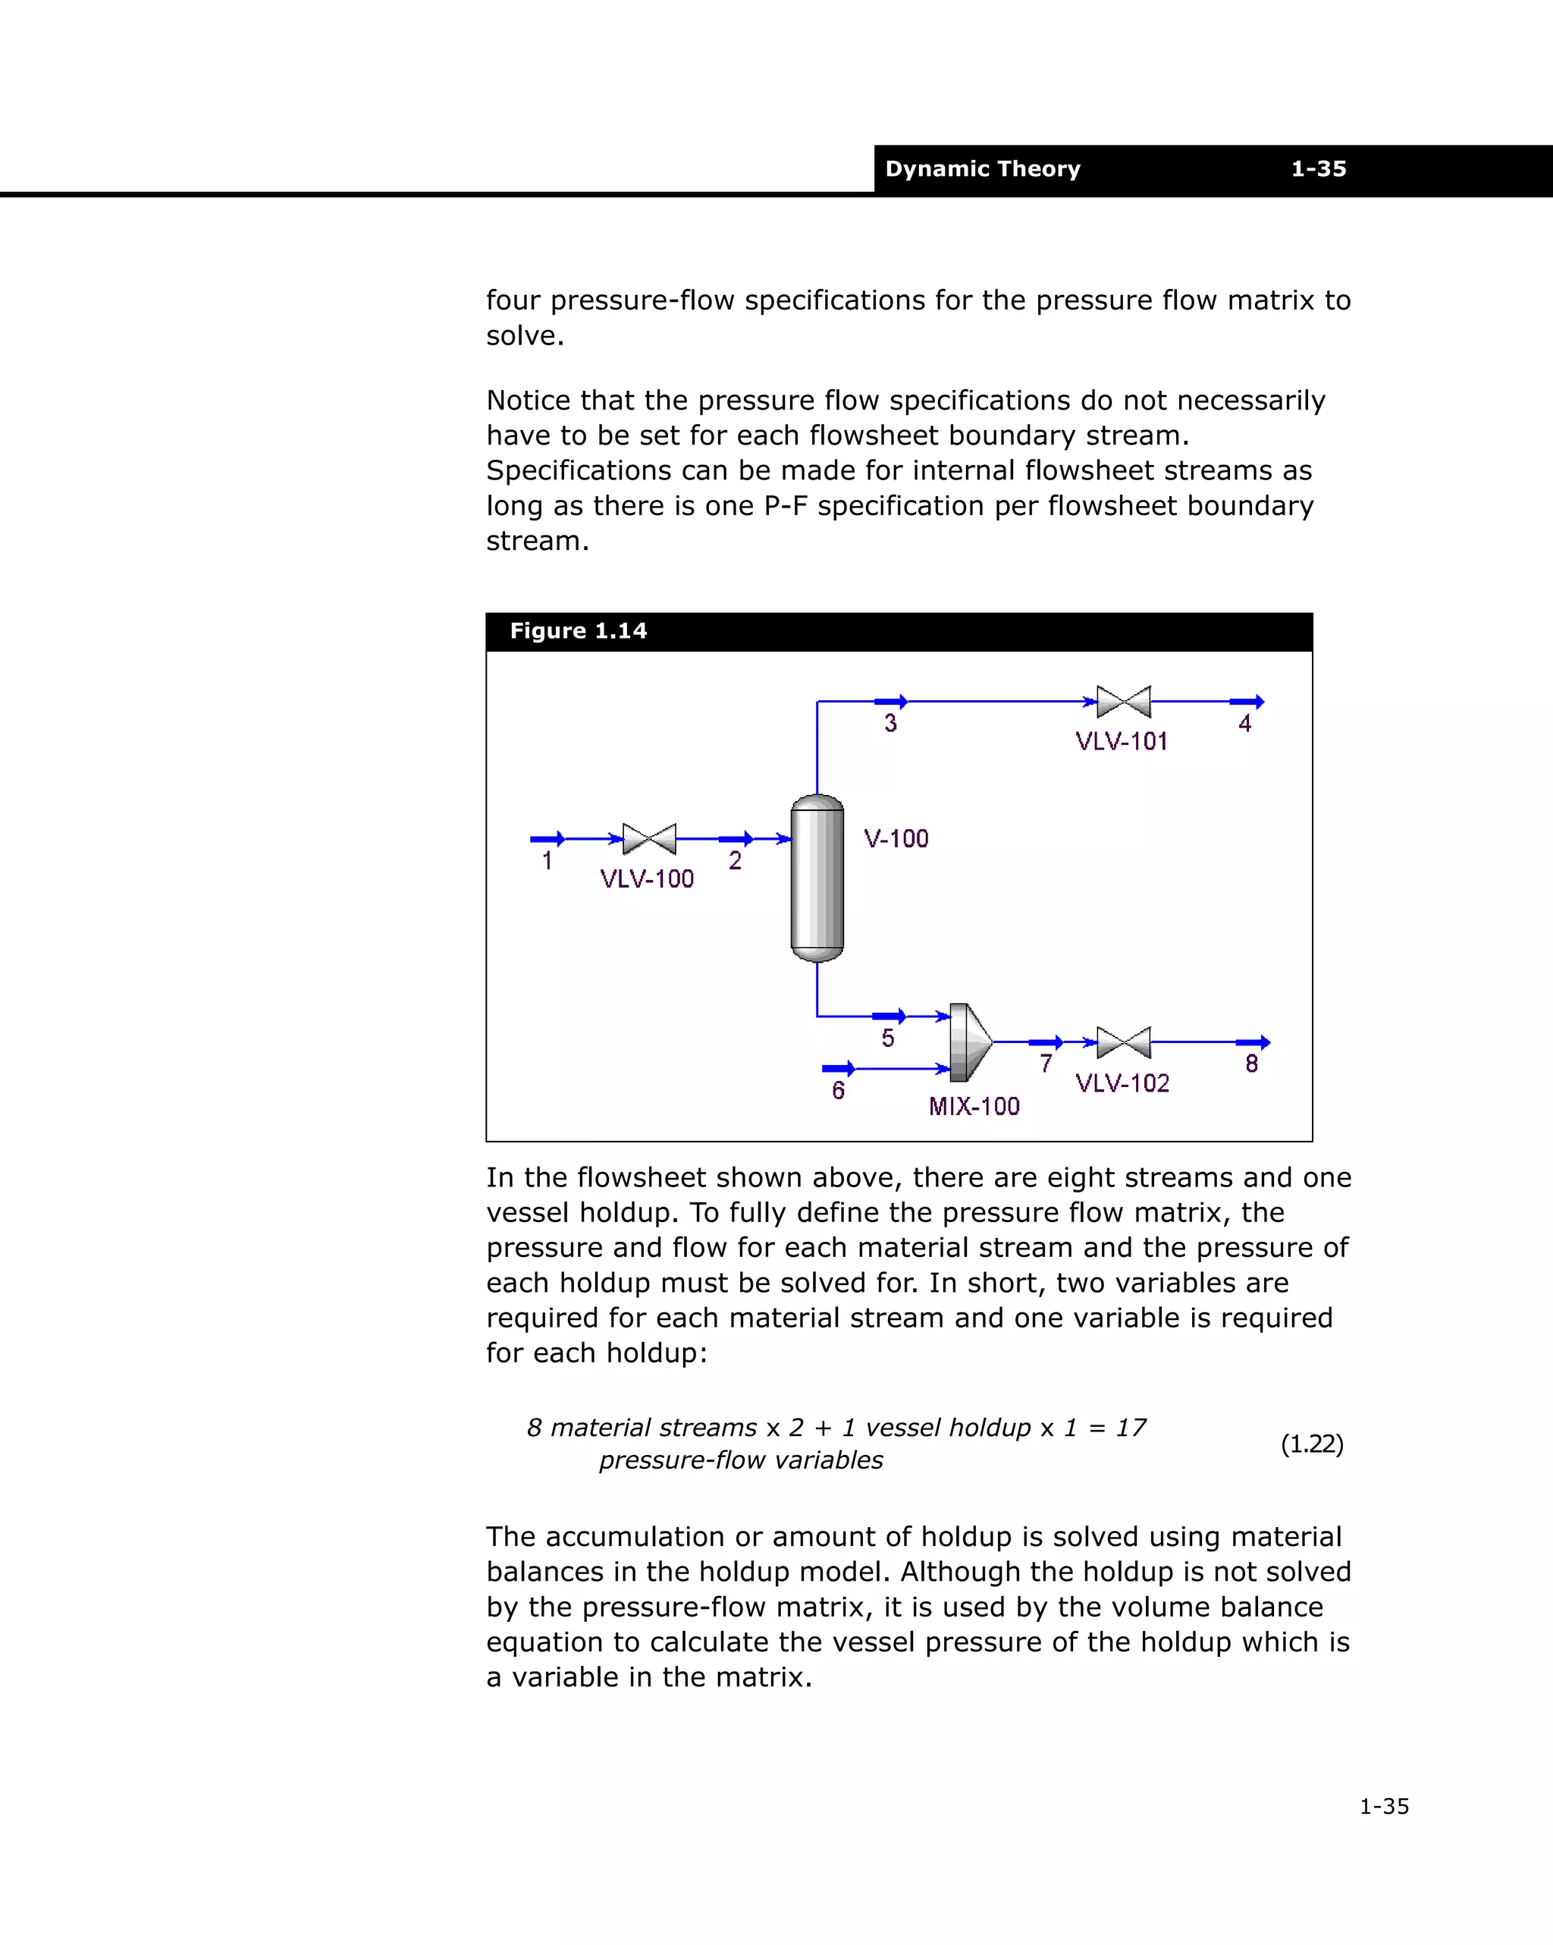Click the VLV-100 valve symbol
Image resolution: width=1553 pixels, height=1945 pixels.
(649, 839)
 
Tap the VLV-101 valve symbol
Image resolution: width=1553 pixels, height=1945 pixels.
(1124, 701)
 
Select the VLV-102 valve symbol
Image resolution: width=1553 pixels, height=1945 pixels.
(1124, 1042)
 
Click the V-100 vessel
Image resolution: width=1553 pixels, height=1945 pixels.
(817, 878)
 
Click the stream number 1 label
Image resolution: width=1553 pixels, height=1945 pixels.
(547, 862)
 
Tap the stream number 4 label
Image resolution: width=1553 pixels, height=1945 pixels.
(1244, 724)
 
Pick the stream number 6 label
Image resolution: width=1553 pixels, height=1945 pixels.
(838, 1092)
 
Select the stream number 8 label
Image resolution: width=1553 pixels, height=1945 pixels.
(1252, 1064)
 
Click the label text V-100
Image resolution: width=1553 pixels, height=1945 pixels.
(896, 839)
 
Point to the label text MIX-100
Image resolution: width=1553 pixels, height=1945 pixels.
(974, 1107)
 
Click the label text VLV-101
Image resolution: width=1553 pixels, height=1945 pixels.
(1121, 742)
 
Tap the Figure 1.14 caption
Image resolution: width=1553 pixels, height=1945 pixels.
(578, 631)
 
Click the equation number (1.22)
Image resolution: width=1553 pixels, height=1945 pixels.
(1311, 1444)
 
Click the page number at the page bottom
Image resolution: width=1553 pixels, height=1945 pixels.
(1383, 1807)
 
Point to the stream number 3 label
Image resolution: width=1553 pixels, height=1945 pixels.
(890, 724)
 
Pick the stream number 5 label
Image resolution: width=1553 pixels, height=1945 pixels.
(887, 1038)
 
